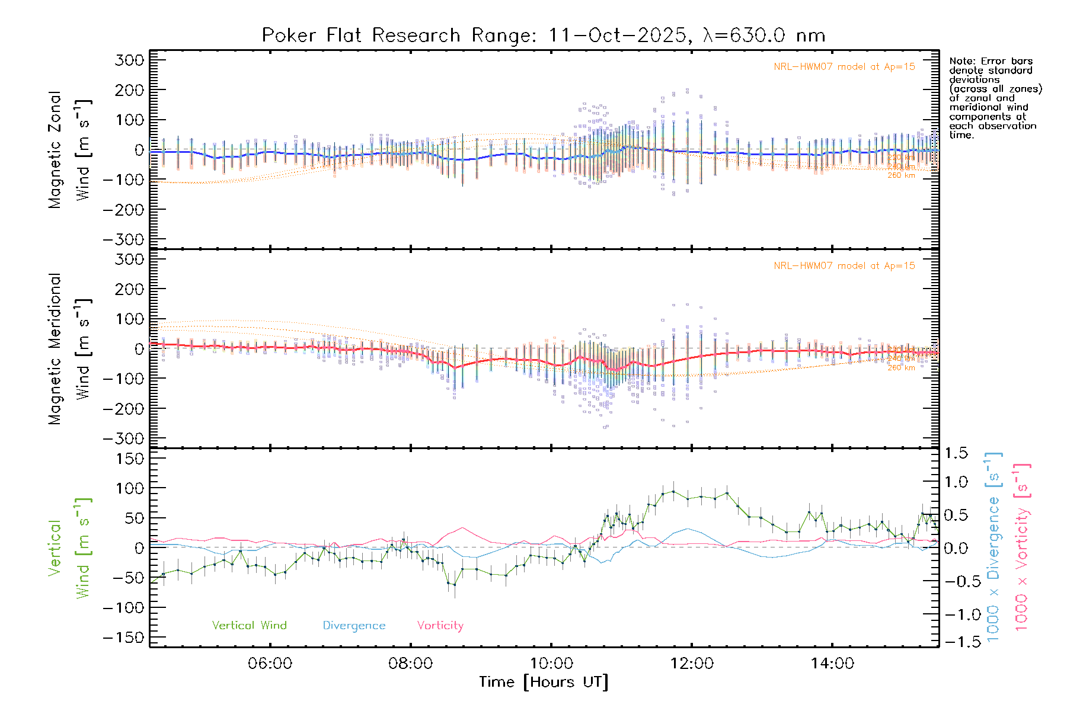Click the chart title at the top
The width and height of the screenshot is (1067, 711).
click(543, 36)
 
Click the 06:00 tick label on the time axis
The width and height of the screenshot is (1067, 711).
click(270, 664)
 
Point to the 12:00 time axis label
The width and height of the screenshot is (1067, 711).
click(692, 664)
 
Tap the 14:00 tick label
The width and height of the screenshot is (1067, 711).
click(832, 664)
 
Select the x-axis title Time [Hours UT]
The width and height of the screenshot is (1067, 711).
click(544, 682)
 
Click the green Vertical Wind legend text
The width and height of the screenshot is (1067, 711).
click(249, 626)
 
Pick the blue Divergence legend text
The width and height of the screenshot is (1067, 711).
click(354, 626)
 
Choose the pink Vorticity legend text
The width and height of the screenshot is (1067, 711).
click(440, 626)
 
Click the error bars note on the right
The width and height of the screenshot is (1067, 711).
click(995, 98)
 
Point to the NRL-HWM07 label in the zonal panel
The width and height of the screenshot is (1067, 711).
click(844, 67)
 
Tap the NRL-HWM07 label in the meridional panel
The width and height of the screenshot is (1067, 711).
click(844, 266)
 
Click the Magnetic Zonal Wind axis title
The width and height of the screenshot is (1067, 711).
click(69, 149)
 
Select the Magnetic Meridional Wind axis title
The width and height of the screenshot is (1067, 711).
click(69, 348)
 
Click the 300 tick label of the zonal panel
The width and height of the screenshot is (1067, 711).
click(130, 60)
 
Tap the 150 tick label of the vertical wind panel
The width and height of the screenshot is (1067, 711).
click(130, 459)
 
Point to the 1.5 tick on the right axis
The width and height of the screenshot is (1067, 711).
click(956, 453)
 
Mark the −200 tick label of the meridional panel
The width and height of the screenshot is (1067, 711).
click(123, 409)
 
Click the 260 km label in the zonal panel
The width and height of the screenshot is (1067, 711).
click(901, 175)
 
